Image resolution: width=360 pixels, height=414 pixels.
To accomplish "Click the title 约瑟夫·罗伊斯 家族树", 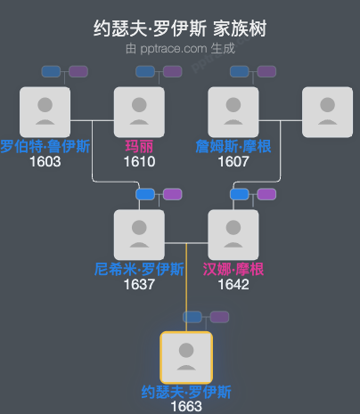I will [180, 28].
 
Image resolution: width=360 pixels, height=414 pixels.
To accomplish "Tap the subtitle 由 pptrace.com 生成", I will [180, 48].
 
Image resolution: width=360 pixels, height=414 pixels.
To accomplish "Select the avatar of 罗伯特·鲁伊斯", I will [45, 111].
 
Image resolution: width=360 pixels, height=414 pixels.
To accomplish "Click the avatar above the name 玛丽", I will [139, 111].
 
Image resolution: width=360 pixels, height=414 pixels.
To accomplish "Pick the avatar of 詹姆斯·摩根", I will [233, 111].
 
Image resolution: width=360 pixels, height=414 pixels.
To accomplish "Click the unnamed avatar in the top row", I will [327, 111].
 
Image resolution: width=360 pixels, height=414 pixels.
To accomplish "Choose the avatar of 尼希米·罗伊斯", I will [139, 234].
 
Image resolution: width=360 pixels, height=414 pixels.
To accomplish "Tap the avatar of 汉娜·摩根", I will [233, 234].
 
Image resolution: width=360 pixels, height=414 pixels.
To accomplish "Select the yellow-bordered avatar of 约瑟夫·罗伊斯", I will [185, 357].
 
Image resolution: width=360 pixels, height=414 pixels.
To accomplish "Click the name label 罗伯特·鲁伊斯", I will [45, 146].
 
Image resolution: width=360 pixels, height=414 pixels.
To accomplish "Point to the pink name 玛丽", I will [139, 146].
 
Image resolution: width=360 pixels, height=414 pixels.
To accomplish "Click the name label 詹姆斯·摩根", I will [233, 146].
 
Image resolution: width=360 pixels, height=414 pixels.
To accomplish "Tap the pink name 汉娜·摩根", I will [233, 269].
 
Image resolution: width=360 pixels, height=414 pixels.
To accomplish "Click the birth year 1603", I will [45, 162].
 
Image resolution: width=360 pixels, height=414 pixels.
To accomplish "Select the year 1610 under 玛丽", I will [139, 162].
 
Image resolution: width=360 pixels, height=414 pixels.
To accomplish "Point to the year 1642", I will [233, 285].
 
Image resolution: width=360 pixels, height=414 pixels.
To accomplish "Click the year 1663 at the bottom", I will [185, 406].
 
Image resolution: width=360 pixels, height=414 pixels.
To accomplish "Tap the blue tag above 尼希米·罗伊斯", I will [145, 194].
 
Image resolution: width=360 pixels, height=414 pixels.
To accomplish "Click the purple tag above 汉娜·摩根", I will [266, 194].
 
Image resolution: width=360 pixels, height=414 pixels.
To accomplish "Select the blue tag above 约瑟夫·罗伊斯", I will [193, 317].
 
